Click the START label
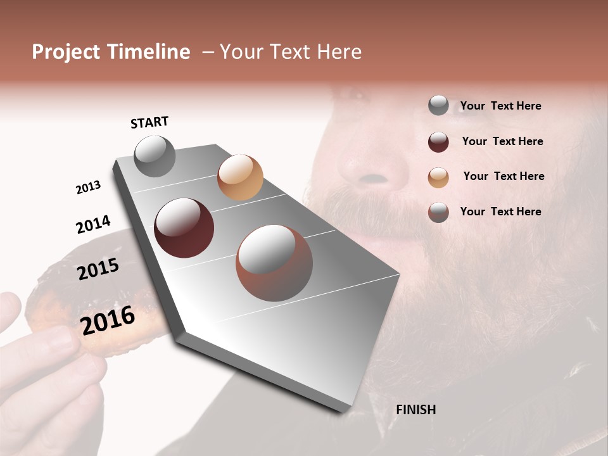click(149, 122)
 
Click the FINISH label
click(415, 410)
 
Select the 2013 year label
click(88, 187)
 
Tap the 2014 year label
click(93, 224)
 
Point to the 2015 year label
click(98, 269)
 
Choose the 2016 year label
click(108, 320)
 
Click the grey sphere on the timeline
click(155, 156)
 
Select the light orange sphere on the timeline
click(240, 177)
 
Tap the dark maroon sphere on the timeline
click(184, 228)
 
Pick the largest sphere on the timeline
click(274, 263)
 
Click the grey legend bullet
click(438, 105)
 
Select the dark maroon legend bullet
click(438, 142)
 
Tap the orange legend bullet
click(438, 177)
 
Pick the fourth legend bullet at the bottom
click(438, 212)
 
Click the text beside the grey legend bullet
click(500, 106)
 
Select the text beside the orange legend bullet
click(503, 176)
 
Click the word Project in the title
click(66, 52)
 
